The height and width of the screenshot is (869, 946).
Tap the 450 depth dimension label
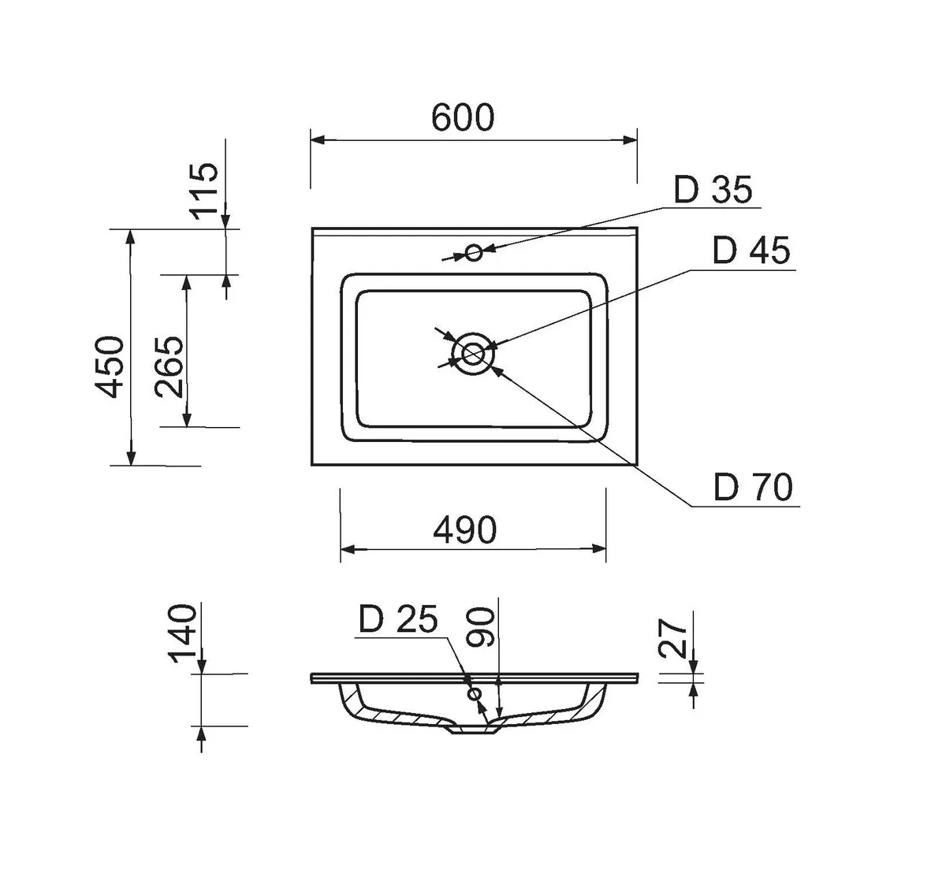point(110,367)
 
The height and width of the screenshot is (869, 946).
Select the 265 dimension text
point(169,367)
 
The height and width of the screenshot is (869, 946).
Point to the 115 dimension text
point(204,191)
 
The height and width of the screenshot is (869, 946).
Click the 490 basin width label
point(465,529)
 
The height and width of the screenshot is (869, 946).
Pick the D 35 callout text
point(713,190)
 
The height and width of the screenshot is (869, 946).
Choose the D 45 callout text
point(751,251)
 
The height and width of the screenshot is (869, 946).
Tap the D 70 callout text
point(753,487)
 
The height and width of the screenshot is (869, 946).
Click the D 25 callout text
point(398,618)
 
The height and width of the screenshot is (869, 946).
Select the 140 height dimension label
point(184,633)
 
